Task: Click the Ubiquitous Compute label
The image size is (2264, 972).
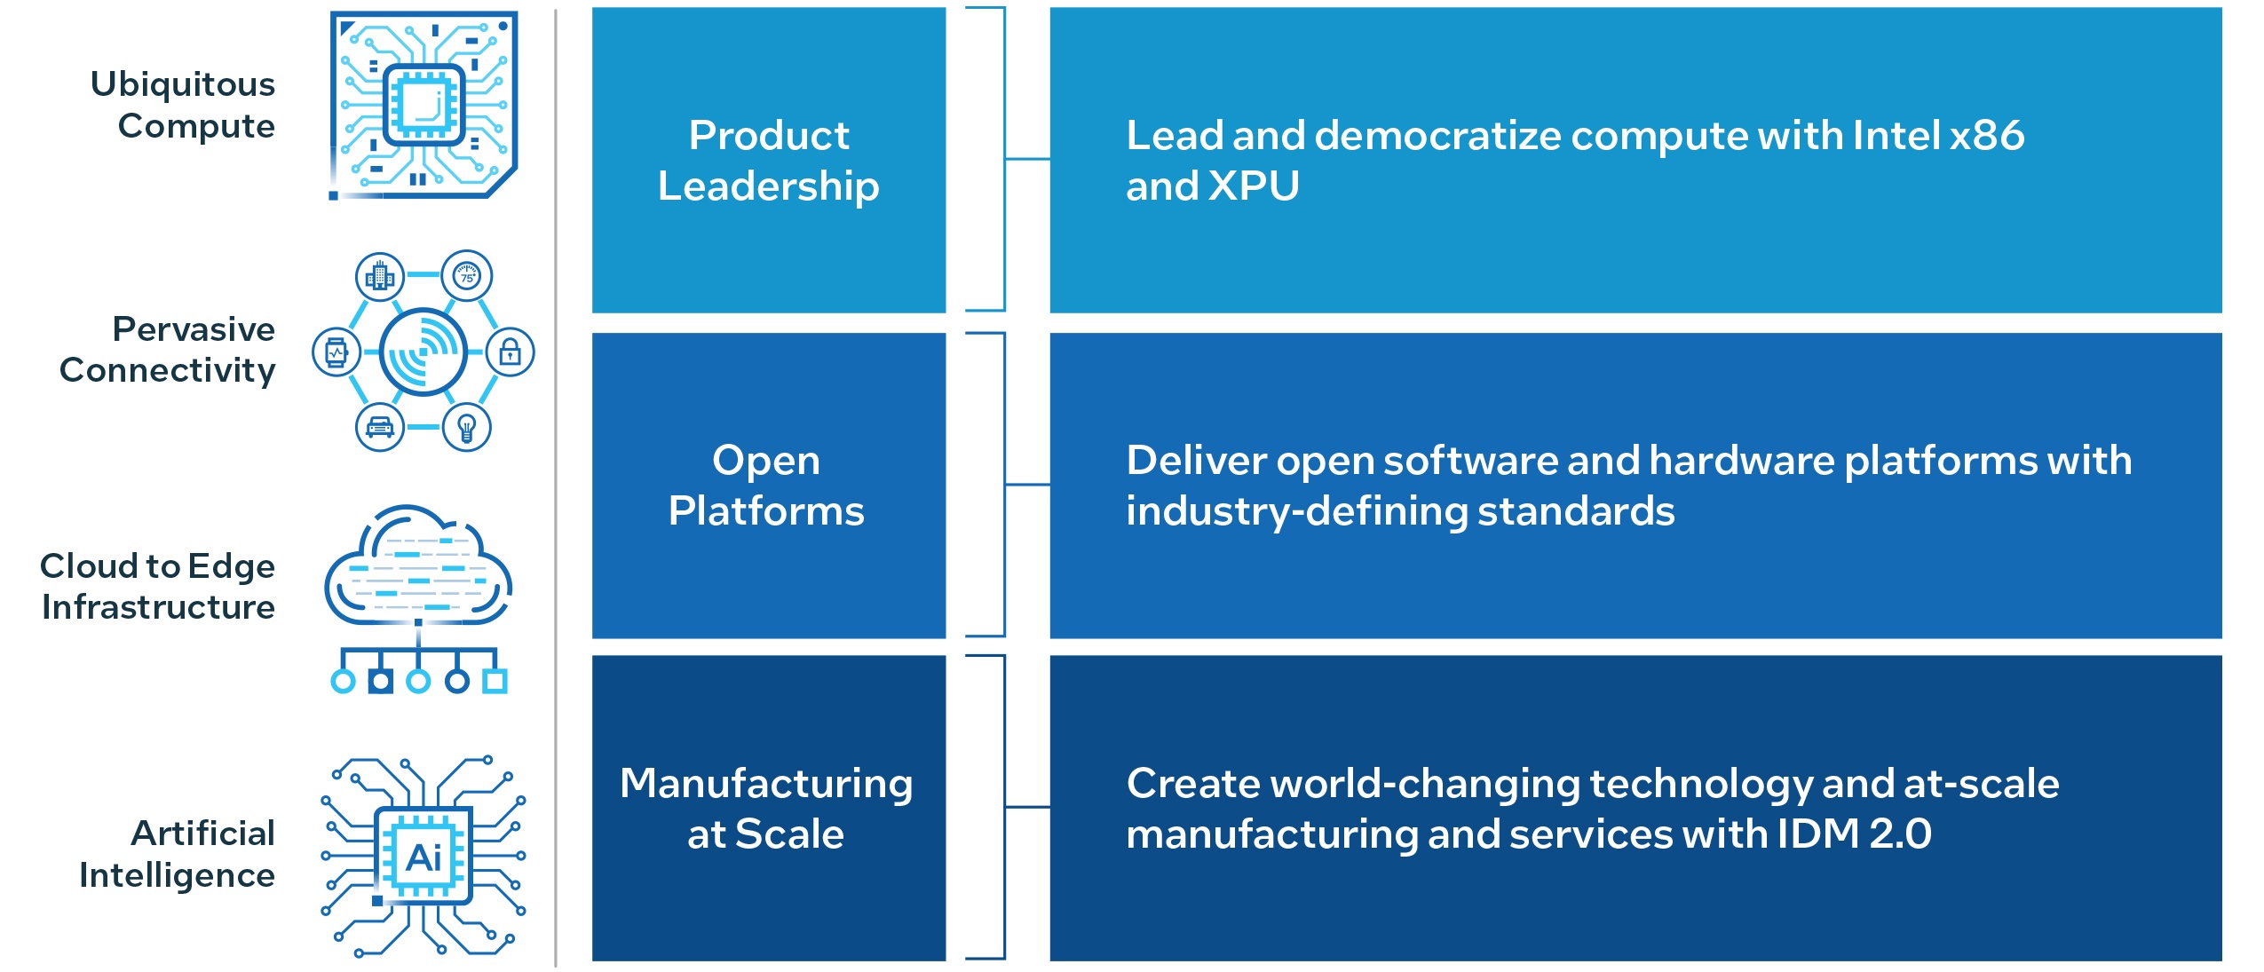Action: coord(183,105)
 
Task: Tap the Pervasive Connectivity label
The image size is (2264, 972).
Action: coord(168,350)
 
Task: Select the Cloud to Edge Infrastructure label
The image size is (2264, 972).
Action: coord(158,587)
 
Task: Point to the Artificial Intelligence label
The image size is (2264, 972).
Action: coord(178,854)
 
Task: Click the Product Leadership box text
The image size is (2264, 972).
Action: coord(769,161)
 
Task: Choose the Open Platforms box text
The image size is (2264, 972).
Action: coord(766,486)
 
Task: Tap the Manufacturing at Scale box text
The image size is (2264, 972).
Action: coord(766,809)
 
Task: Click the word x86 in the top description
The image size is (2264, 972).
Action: coord(1987,136)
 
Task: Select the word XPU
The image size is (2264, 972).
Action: coord(1254,186)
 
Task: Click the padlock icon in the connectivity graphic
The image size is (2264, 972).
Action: coord(510,352)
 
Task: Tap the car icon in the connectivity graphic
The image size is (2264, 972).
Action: coord(380,427)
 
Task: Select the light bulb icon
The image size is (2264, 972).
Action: coord(467,427)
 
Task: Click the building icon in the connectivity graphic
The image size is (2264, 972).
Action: coord(380,276)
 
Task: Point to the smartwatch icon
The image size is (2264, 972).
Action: coord(336,352)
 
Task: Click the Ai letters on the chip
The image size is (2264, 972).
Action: coord(424,858)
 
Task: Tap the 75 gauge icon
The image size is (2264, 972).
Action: coord(467,276)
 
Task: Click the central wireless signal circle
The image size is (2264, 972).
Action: coord(424,352)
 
